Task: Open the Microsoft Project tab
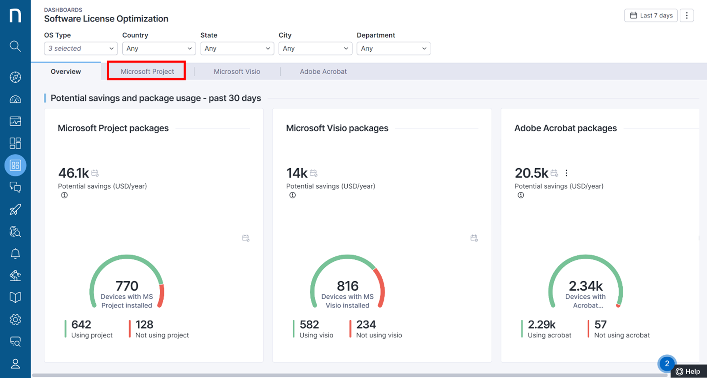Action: coord(147,71)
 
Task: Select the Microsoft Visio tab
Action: coord(237,71)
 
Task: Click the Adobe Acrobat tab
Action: coord(323,71)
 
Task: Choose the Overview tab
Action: coord(66,71)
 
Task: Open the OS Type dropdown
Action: coord(81,49)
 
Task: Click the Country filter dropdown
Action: coord(159,49)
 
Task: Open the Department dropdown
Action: coord(393,49)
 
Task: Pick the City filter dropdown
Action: coord(315,49)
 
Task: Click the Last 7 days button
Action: coord(651,15)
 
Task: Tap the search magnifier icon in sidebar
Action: coord(15,46)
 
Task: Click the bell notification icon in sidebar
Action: coord(15,253)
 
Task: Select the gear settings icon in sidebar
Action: coord(15,320)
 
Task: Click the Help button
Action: coord(689,372)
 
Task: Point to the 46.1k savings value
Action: coord(74,173)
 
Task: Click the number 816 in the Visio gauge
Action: coord(347,286)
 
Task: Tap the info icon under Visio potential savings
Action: coord(292,195)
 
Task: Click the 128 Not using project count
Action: coord(144,324)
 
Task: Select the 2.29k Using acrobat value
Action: coord(542,324)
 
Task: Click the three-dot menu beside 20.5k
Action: coord(566,173)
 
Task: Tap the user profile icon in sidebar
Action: coord(15,364)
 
